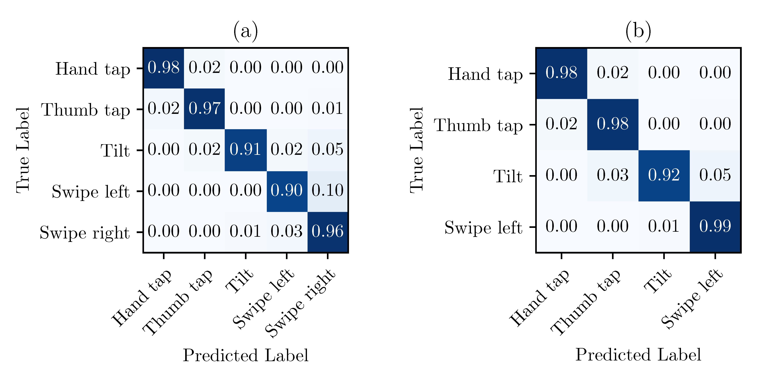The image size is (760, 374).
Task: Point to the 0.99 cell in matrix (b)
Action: click(x=715, y=227)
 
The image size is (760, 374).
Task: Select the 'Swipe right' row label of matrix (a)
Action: click(x=85, y=233)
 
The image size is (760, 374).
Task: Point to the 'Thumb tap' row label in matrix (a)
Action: click(x=86, y=110)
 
